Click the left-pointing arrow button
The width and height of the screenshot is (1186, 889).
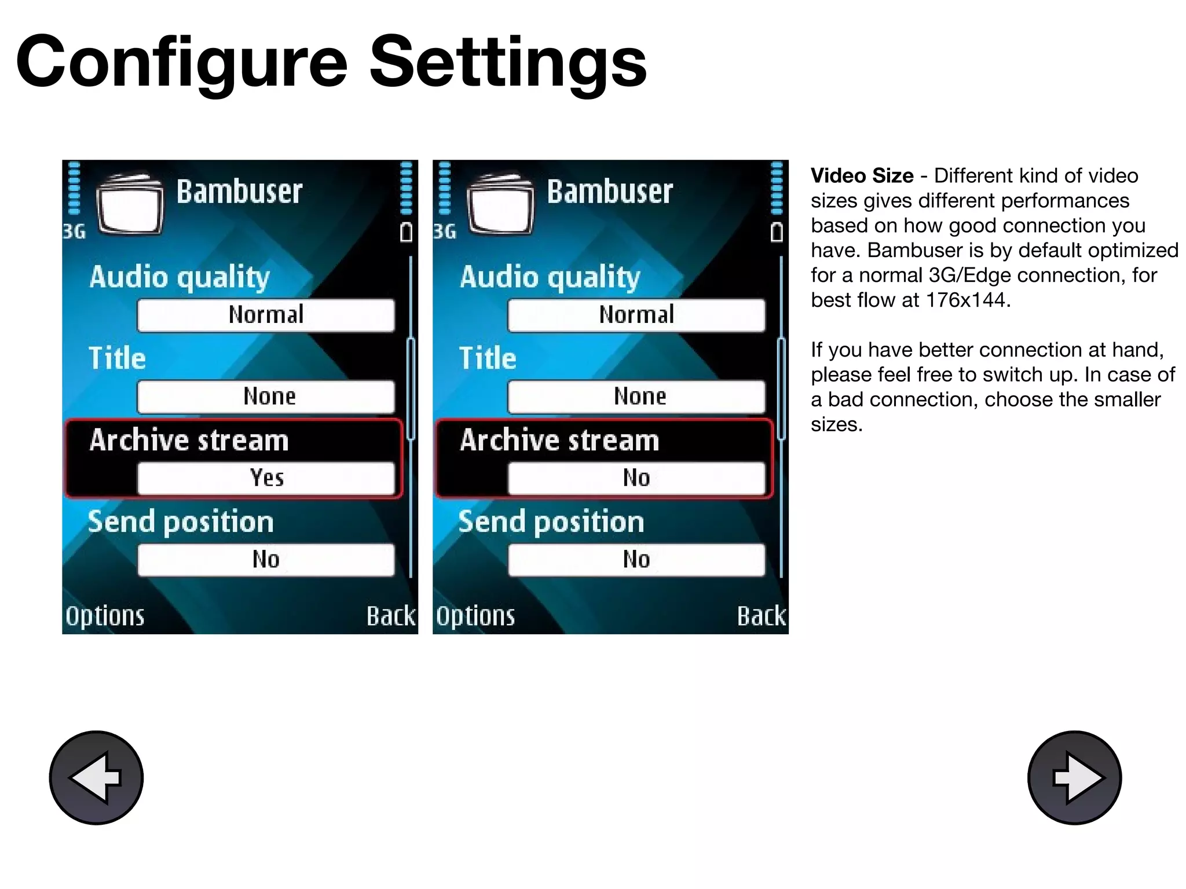96,777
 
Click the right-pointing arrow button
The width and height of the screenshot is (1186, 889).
1074,777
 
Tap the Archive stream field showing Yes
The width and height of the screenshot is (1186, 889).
266,478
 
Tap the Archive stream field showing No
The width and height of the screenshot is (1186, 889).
636,478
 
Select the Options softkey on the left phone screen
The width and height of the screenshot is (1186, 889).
105,616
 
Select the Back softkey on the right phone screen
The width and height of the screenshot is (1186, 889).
761,616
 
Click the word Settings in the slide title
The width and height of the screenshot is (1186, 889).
508,63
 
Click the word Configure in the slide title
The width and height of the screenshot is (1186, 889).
182,63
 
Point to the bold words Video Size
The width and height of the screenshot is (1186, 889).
862,175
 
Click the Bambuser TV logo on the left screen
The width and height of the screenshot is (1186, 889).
130,204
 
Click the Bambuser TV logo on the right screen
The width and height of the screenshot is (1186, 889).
500,204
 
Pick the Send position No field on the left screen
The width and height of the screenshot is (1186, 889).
266,560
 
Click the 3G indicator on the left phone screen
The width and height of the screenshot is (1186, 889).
74,232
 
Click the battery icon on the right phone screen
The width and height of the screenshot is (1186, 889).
777,232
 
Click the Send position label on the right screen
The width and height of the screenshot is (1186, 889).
551,522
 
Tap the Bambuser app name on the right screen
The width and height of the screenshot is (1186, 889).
610,192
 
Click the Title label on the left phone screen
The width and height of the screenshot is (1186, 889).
117,358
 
